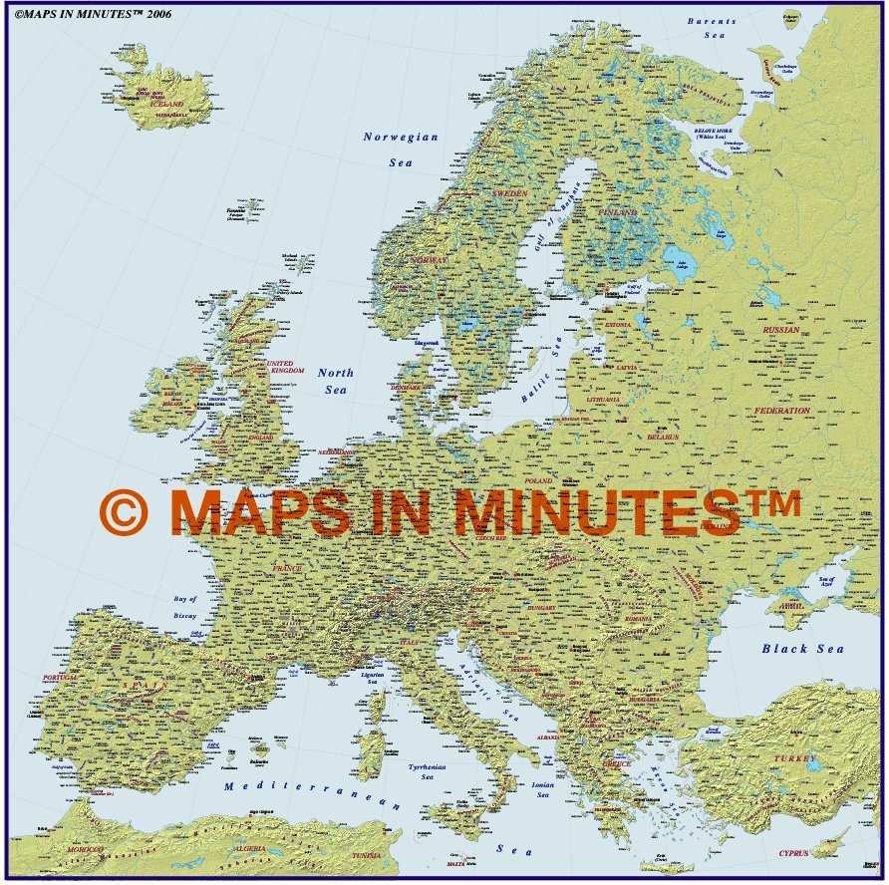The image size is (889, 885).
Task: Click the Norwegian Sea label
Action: (x=401, y=148)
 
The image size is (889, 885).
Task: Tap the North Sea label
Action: (x=336, y=381)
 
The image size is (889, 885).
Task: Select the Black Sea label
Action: (x=802, y=649)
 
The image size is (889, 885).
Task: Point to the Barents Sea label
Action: (x=712, y=27)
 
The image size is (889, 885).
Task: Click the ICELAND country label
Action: (x=166, y=104)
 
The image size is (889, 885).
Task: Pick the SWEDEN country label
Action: (x=510, y=191)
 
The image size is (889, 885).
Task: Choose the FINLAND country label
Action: (x=618, y=212)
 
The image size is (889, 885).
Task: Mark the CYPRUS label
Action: (x=794, y=854)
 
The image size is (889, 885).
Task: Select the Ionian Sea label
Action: (x=542, y=789)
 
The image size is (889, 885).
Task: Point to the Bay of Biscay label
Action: (x=185, y=607)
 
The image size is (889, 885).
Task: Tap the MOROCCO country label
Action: (x=85, y=849)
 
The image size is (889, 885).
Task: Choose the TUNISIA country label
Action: (x=367, y=855)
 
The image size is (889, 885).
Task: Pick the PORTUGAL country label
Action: (x=60, y=678)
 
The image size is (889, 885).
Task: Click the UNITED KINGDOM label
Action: (x=281, y=367)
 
